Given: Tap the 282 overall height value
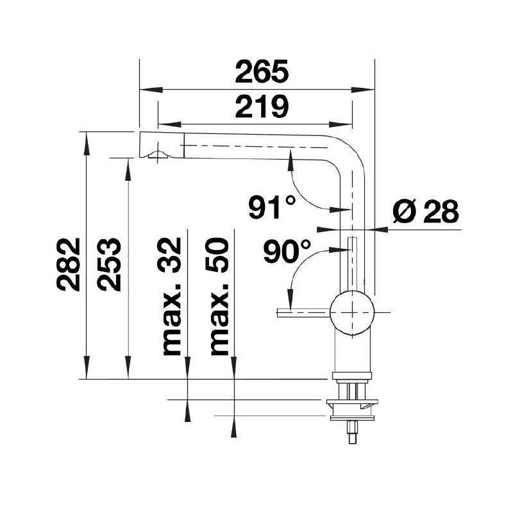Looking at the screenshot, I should (x=69, y=264).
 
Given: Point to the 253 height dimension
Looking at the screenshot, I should (x=109, y=264).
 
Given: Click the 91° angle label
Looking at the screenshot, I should (x=273, y=207).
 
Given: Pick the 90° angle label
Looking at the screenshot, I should (x=287, y=252).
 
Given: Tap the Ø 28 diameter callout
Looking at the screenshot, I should (x=425, y=211).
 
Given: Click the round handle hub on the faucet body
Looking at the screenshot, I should (x=351, y=312).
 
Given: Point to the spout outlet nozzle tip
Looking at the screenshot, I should (x=157, y=155).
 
